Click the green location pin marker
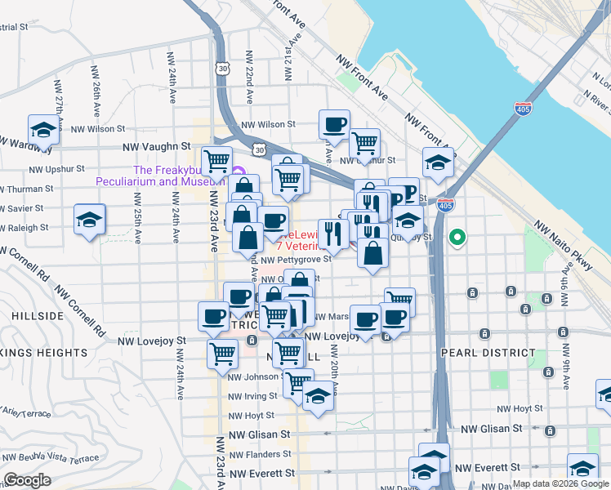tap(458, 238)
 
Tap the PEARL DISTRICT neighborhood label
tap(480, 353)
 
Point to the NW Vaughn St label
tap(150, 147)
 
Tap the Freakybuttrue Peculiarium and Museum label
tap(161, 176)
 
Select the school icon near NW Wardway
tap(44, 129)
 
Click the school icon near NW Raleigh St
tap(90, 219)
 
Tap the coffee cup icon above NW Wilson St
tap(335, 124)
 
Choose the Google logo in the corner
tap(27, 480)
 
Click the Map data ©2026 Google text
tap(560, 483)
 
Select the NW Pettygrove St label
tap(296, 259)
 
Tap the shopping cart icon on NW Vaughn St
tap(216, 160)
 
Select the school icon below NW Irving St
tap(318, 397)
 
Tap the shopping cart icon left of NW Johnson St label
tap(222, 354)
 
